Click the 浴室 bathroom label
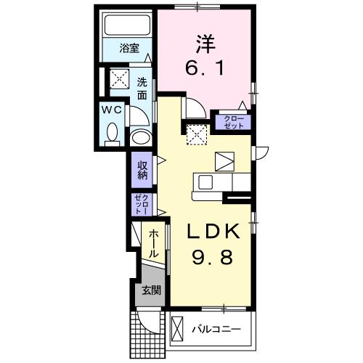pos(129,48)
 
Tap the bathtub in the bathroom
pos(128,25)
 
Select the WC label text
pos(111,110)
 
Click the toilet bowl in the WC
pos(112,132)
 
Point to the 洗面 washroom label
pos(142,89)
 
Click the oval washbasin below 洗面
pos(142,139)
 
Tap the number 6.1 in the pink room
pos(205,68)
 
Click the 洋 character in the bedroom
pos(205,44)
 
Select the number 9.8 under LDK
pos(213,257)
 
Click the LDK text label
pos(213,231)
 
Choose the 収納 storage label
pos(142,170)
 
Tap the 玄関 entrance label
pos(151,290)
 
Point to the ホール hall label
pos(153,244)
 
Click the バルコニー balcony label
pos(216,329)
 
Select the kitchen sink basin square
pos(205,182)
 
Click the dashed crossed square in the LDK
pos(197,134)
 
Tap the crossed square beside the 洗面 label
pos(119,78)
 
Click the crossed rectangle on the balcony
pos(177,329)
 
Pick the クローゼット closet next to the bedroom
pos(234,122)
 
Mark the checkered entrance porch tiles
pos(147,335)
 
